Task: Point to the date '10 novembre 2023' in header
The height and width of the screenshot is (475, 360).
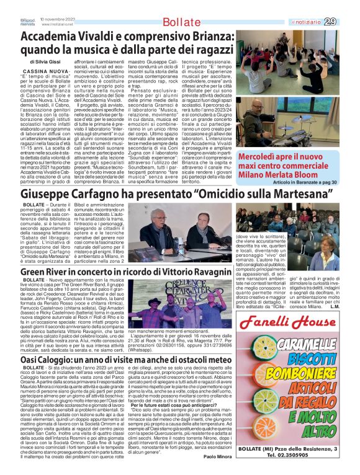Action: point(58,19)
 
